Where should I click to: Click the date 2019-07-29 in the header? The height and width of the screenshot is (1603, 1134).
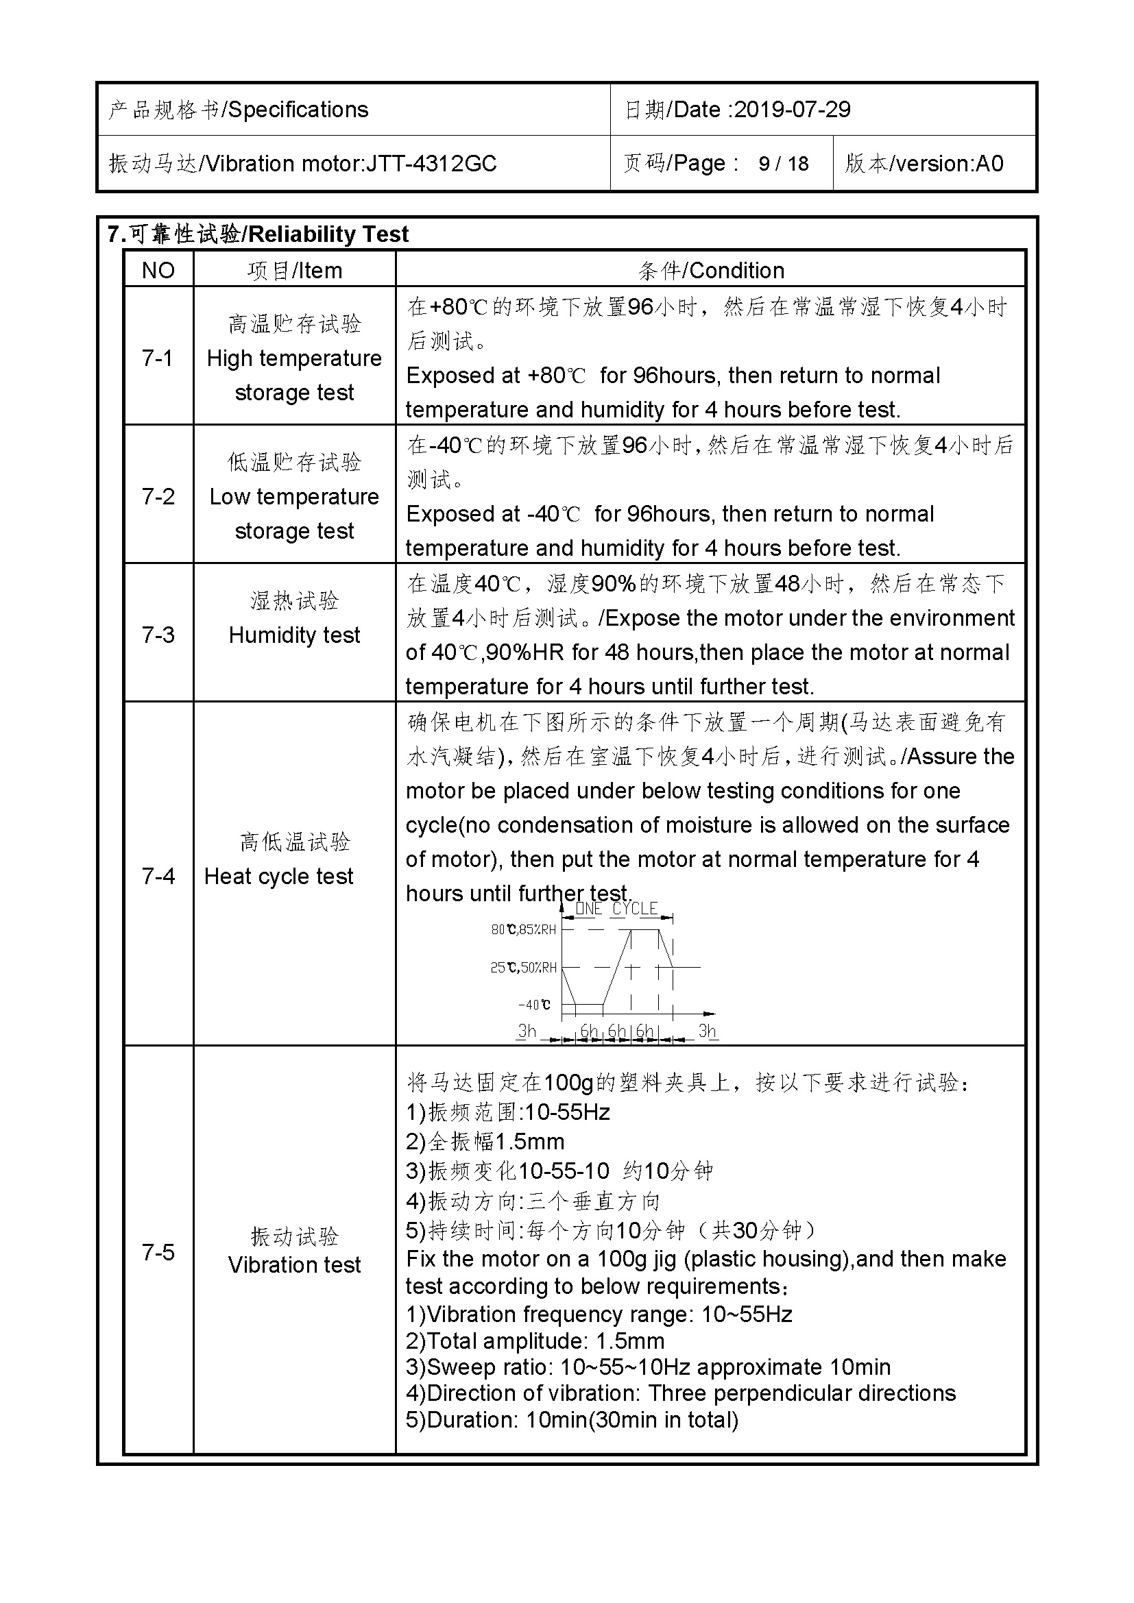coord(792,110)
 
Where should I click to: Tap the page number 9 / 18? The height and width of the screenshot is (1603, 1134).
coord(784,163)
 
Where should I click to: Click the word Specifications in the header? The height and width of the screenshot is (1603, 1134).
coord(298,110)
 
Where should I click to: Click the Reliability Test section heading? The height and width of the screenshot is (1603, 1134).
coord(328,234)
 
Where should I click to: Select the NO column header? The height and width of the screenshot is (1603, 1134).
coord(158,270)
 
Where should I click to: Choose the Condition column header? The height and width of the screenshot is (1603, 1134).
coord(736,270)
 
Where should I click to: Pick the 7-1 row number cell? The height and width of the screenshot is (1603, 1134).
coord(158,358)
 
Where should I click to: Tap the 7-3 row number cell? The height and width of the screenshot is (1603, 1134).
coord(158,635)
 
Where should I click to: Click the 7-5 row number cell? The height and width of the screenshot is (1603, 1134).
coord(158,1252)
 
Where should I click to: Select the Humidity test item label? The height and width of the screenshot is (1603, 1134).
coord(294,635)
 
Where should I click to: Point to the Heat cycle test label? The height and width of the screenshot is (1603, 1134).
coord(278,877)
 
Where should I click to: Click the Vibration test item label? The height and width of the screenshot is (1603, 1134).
coord(294,1264)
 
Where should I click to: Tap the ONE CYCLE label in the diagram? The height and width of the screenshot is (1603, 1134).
coord(616,908)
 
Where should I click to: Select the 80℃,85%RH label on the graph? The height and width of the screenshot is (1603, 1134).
coord(524,929)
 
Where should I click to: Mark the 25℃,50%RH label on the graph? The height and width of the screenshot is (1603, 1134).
coord(524,968)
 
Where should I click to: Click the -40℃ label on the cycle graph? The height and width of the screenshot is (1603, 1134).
coord(534,1005)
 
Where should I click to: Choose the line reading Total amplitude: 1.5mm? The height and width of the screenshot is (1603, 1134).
coord(535,1341)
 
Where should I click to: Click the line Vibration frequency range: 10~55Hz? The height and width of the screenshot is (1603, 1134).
coord(599,1314)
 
